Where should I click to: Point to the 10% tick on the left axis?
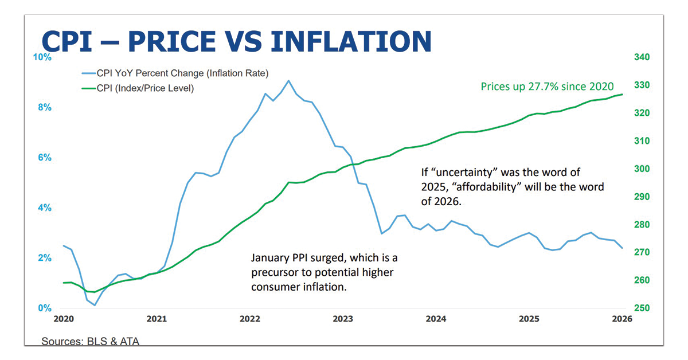[44, 57]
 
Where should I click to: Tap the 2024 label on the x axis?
[436, 319]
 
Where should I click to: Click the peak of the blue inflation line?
[288, 80]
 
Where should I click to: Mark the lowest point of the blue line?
[95, 305]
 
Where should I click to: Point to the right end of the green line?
[623, 94]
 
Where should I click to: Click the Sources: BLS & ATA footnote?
[90, 342]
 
